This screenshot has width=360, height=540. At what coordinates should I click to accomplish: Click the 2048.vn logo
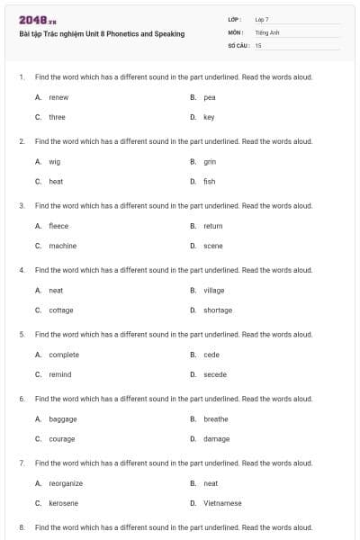click(38, 20)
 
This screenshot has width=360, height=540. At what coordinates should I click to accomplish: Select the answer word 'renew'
click(58, 96)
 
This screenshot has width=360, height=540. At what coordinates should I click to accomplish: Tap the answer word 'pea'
click(209, 96)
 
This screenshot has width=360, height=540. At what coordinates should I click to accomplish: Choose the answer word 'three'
click(57, 117)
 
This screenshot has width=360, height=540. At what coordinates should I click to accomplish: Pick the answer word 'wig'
click(54, 161)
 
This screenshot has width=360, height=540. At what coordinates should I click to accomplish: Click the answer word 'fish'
click(209, 181)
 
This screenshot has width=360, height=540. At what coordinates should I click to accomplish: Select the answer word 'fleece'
click(58, 226)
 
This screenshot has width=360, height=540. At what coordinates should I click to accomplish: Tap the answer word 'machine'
click(62, 246)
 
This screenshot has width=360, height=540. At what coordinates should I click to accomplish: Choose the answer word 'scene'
click(212, 246)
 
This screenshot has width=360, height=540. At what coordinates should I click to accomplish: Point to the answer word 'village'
click(213, 290)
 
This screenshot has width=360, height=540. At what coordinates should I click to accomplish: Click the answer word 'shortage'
click(217, 310)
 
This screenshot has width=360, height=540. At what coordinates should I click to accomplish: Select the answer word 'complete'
click(64, 355)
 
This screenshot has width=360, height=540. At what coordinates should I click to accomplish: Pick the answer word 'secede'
click(214, 374)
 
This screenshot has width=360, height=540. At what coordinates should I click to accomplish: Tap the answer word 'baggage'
click(62, 418)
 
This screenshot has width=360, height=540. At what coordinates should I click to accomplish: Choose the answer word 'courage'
click(61, 439)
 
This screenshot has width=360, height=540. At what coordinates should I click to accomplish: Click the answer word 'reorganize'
click(66, 483)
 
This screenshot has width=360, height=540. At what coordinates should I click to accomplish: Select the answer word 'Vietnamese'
click(222, 503)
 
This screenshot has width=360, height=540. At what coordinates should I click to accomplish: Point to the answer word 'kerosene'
click(63, 503)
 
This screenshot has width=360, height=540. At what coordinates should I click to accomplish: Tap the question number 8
click(21, 526)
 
